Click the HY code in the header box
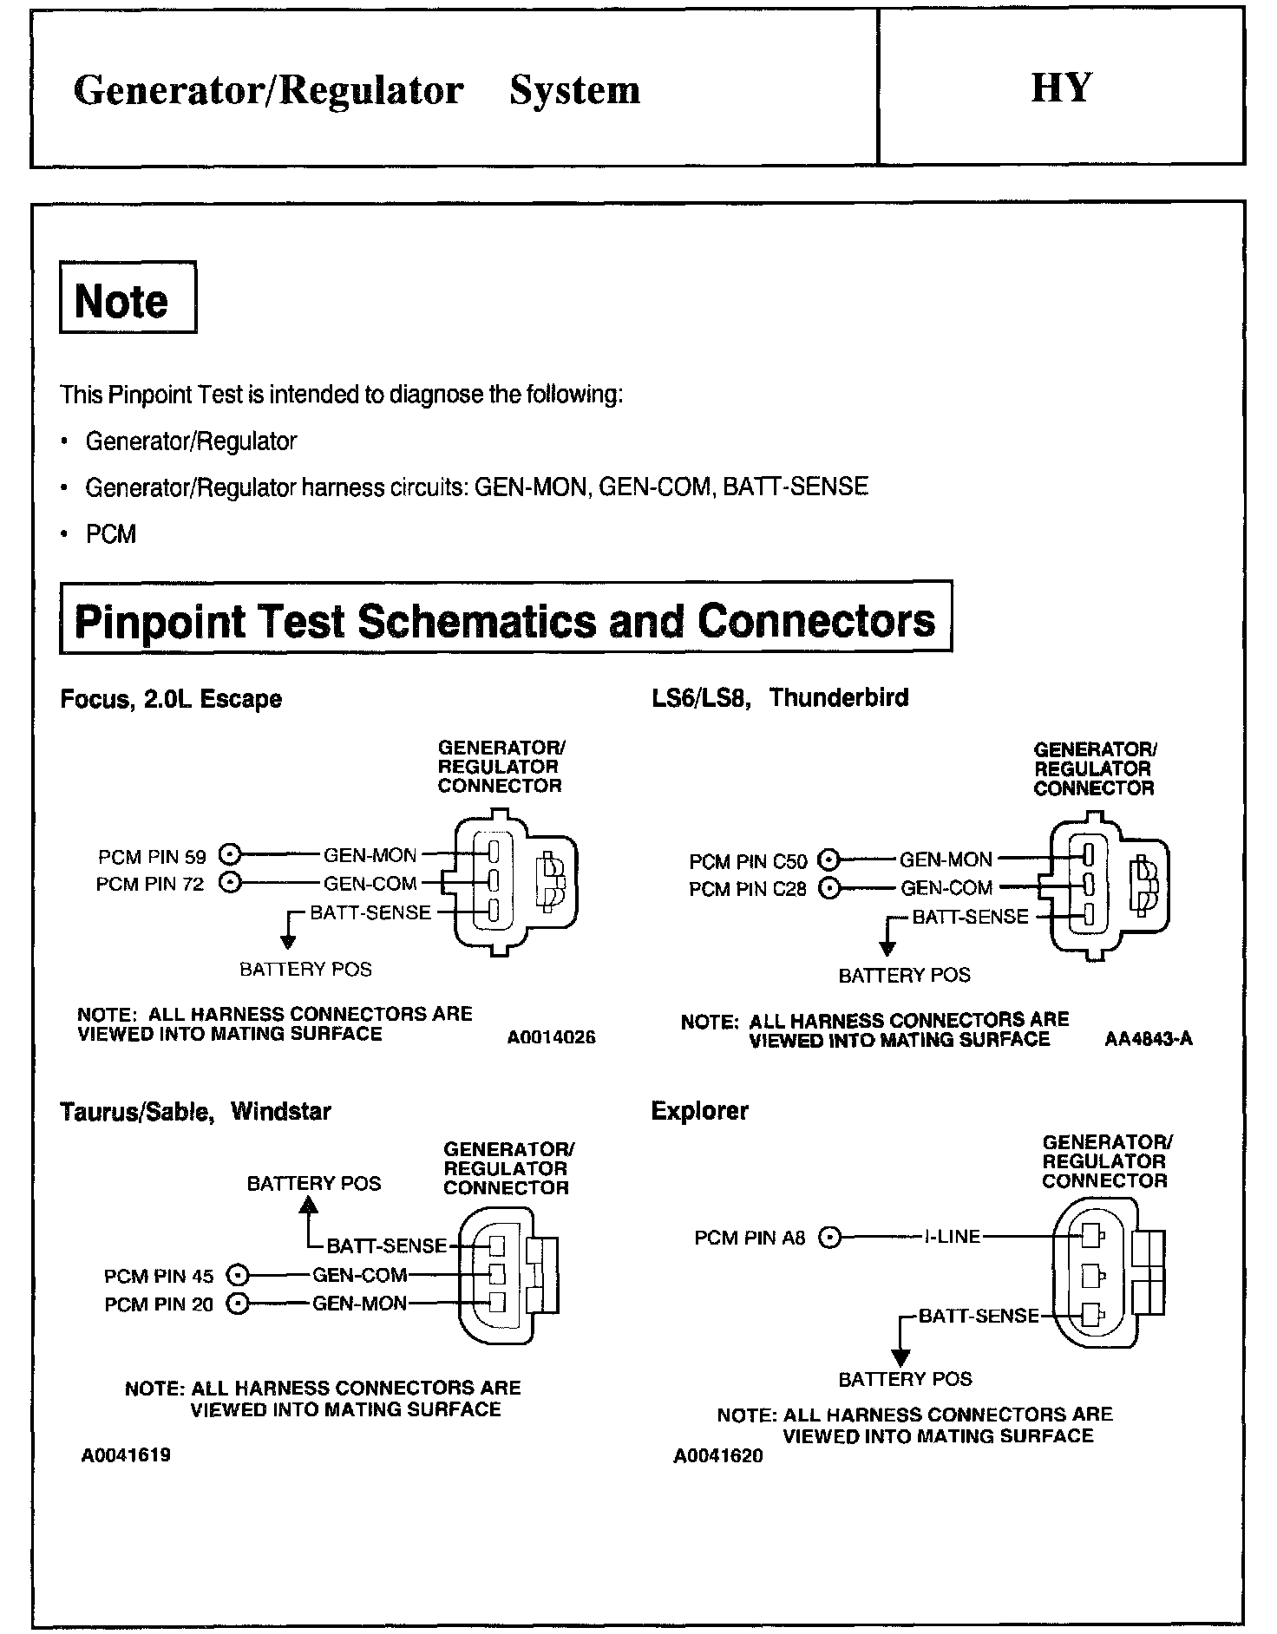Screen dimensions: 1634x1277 [x=1061, y=88]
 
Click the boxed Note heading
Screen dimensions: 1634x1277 [x=122, y=300]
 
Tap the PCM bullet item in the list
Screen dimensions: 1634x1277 [x=111, y=533]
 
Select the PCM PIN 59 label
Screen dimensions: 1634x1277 [x=152, y=857]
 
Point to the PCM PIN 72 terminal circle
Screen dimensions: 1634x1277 [x=229, y=883]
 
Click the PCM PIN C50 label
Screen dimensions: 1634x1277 [x=748, y=861]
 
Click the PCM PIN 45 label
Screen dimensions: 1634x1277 [x=159, y=1276]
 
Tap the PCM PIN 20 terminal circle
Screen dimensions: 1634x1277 [x=237, y=1304]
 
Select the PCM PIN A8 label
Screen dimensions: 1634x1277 [x=750, y=1238]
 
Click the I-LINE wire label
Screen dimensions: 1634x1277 [x=952, y=1237]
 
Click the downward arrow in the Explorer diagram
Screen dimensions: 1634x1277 [x=901, y=1355]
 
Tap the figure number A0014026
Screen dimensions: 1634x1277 [x=552, y=1037]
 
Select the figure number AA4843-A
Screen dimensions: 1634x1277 [x=1149, y=1039]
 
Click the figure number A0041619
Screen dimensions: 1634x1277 [x=126, y=1455]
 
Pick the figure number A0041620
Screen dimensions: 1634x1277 [x=717, y=1456]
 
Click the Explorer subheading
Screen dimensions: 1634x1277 [x=699, y=1111]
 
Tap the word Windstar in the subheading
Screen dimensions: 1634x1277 [x=281, y=1111]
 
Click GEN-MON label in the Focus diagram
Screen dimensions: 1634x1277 [x=370, y=856]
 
